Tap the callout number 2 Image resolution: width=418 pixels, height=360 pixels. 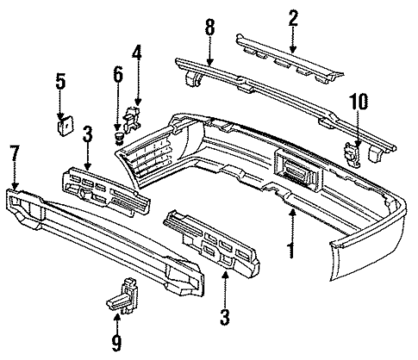pos(293,17)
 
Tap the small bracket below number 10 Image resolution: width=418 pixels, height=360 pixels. pos(353,152)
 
